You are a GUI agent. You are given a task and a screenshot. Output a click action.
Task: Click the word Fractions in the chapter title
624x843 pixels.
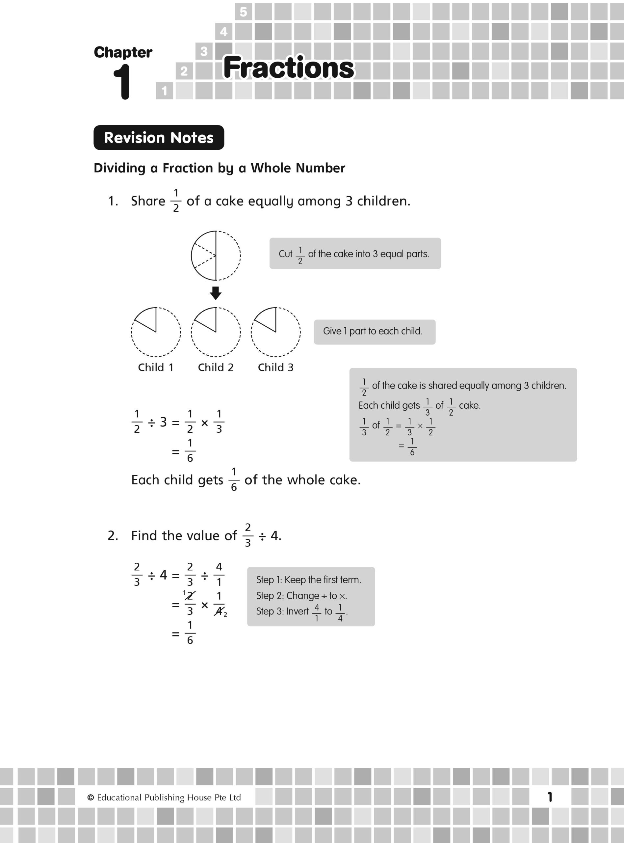pos(289,68)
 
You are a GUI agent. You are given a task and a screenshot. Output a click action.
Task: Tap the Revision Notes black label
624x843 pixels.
pos(159,138)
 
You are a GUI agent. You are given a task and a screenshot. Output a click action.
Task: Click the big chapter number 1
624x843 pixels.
pos(122,82)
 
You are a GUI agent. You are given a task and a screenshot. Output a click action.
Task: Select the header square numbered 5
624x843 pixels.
pos(243,12)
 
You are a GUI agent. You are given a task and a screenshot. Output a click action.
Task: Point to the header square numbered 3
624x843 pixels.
pos(204,51)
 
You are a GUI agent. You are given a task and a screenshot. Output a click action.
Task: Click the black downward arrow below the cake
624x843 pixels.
pos(216,293)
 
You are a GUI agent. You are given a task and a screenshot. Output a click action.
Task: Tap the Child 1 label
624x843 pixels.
pos(156,367)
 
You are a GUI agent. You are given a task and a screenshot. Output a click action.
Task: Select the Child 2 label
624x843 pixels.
pos(216,367)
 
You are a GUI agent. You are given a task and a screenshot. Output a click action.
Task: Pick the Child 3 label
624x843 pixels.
pos(275,367)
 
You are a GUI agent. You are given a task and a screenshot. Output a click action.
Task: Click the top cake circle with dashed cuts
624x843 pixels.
pos(216,256)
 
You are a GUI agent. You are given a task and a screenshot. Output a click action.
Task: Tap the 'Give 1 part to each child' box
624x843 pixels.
pos(374,332)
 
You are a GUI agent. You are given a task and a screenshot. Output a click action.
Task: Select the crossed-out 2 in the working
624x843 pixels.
pos(190,596)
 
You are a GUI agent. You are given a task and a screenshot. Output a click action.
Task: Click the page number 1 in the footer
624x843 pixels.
pos(550,797)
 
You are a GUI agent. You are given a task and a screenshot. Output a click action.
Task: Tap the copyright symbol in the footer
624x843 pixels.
pos(91,797)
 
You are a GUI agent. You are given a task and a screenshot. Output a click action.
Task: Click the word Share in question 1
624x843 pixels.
pos(148,201)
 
